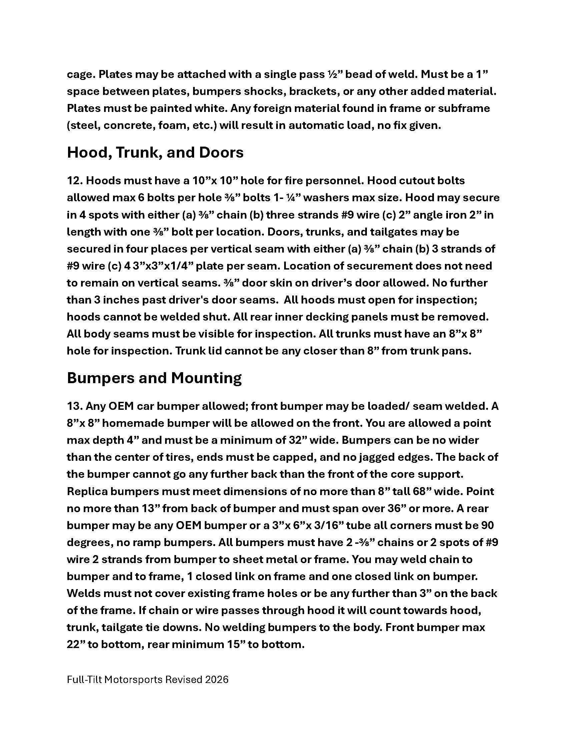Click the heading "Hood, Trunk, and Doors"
click(x=155, y=153)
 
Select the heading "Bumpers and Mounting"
click(x=154, y=378)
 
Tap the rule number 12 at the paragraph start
click(x=75, y=181)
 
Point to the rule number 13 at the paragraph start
click(x=75, y=406)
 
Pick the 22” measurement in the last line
click(x=76, y=644)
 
